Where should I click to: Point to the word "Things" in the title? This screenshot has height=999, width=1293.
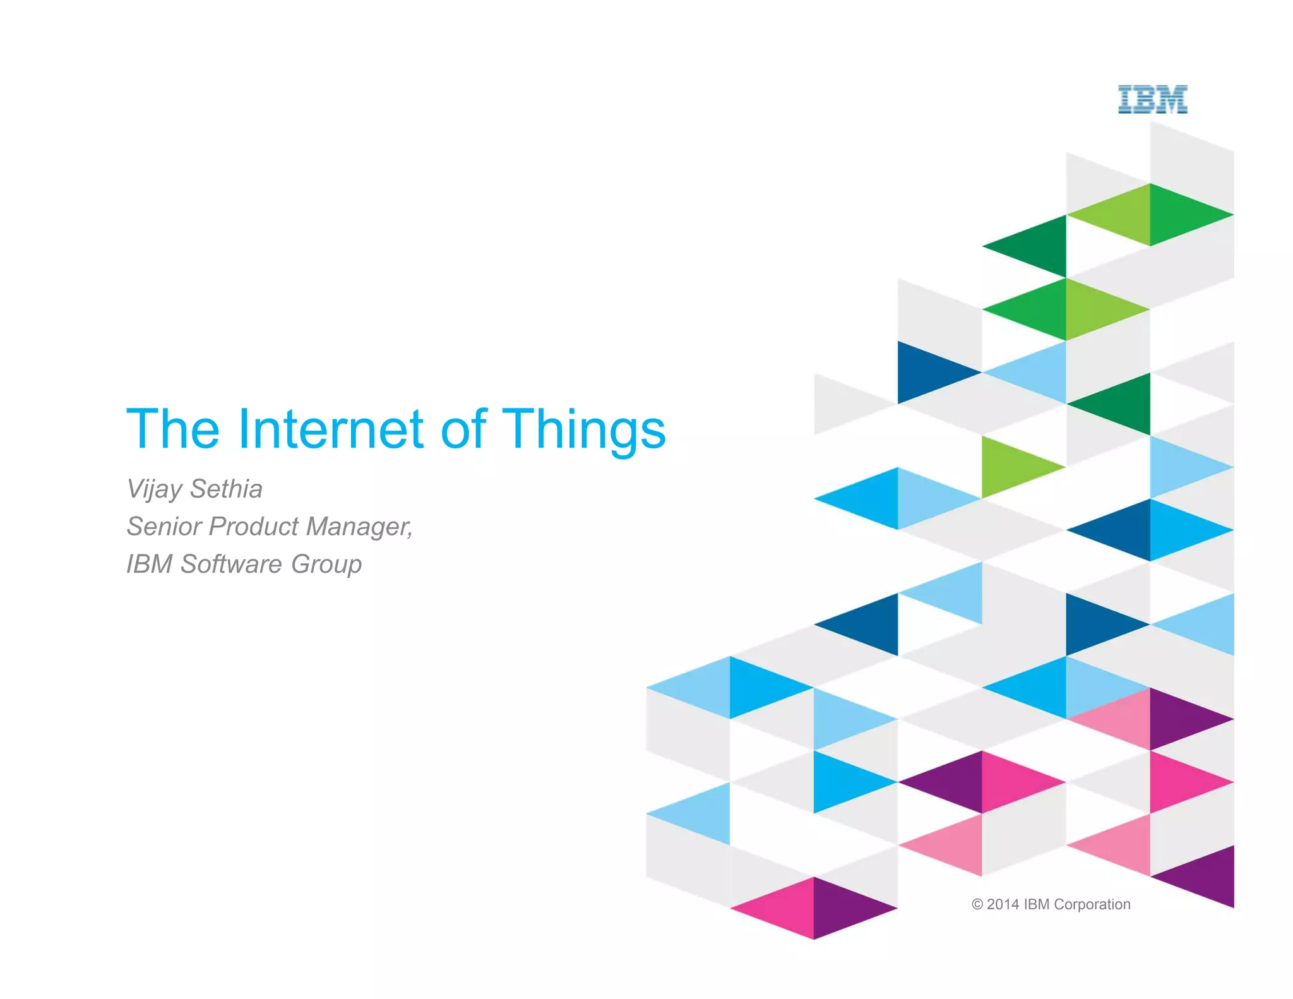[584, 431]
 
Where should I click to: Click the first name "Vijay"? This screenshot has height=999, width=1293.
[154, 489]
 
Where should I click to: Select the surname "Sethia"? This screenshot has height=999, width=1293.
[226, 489]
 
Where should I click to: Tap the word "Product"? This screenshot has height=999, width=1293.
[254, 526]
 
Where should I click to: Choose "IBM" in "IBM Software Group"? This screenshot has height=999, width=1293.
[149, 564]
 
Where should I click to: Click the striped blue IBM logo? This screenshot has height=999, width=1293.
[1152, 100]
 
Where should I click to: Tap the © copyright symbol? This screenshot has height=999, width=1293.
[977, 904]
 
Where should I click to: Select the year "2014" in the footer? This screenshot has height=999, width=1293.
[1003, 904]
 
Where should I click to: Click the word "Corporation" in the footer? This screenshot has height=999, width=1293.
[1092, 904]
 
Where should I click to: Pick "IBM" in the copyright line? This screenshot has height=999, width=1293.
[1037, 904]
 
